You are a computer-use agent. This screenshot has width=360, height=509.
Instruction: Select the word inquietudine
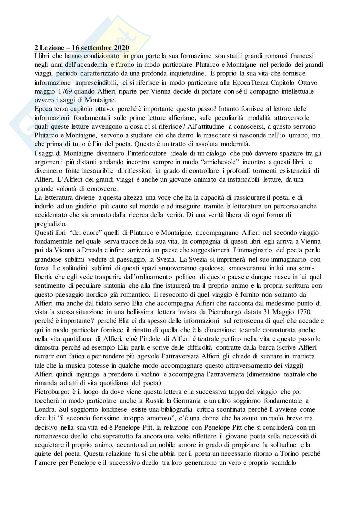176,74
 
